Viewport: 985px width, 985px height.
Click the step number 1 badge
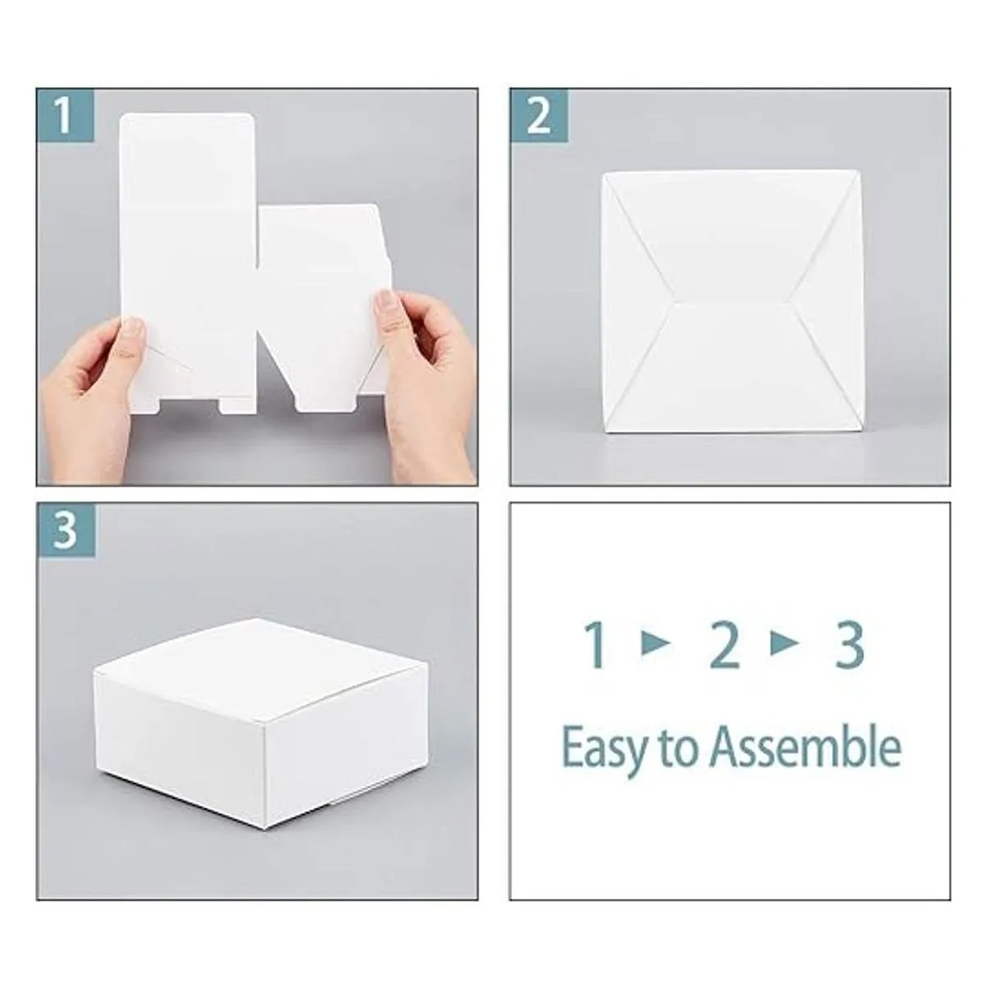click(65, 115)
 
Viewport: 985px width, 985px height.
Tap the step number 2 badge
click(538, 115)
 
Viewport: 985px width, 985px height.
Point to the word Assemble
click(806, 748)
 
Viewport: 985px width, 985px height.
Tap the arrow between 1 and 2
click(656, 645)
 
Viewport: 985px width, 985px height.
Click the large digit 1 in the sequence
click(596, 645)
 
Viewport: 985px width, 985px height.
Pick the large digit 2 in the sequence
click(725, 645)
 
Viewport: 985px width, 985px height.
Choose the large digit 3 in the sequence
click(850, 645)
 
